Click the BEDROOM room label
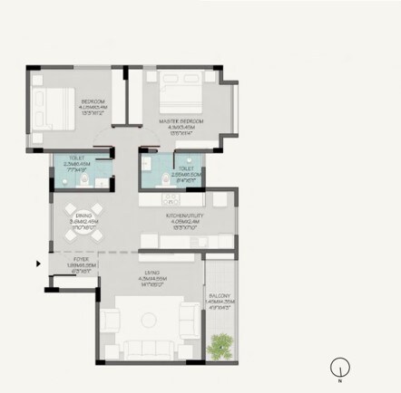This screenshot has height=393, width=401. pos(93,101)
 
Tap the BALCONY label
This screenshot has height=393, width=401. pos(220,296)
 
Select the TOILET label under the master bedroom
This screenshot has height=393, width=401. pos(186,168)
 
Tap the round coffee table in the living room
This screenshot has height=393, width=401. pos(150,321)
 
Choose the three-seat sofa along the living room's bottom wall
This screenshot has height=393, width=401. pos(150,348)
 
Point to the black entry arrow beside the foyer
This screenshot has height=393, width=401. pos(37,264)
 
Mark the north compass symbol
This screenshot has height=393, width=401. pos(340,367)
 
